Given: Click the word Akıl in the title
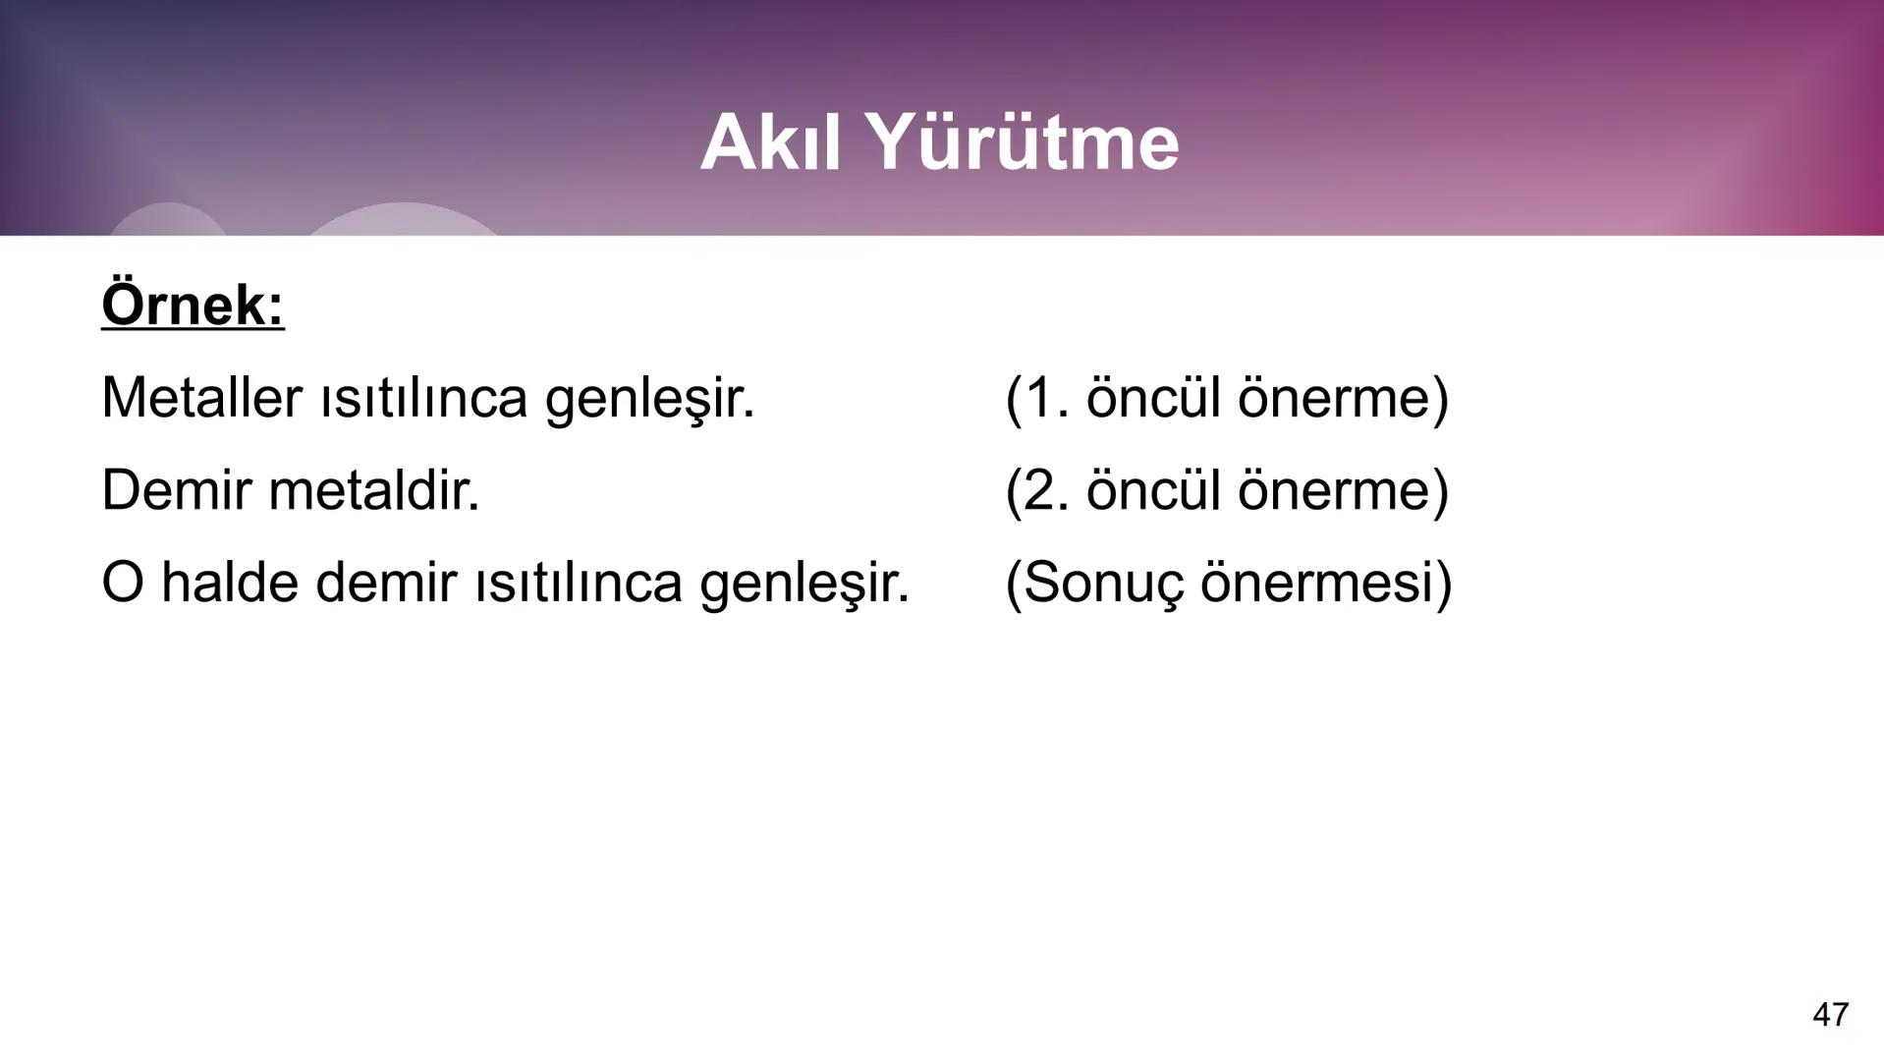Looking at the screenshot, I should coord(771,142).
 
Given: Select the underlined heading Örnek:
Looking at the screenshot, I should coord(193,305).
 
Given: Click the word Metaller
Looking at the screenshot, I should coord(201,398).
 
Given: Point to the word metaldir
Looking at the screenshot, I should coord(373,489).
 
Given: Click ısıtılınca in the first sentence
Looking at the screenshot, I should coord(423,398).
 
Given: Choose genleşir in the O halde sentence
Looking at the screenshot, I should coord(804,584).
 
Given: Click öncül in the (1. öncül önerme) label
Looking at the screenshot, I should coord(1152,398).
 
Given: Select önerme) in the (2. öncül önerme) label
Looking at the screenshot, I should coord(1343,489).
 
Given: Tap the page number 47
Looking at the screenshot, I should coord(1830,1014).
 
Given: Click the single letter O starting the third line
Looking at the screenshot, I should coord(122,582).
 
